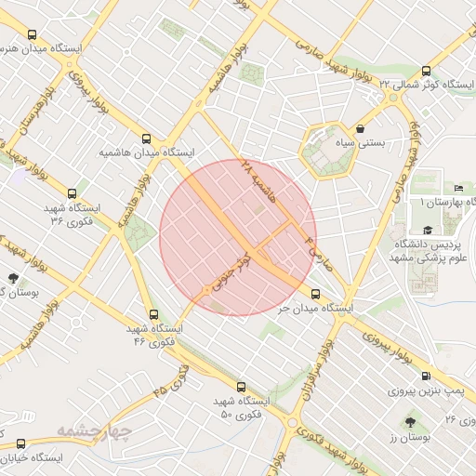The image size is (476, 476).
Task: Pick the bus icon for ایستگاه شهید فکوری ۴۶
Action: [x=152, y=314]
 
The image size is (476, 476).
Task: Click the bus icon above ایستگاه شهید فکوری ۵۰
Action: [x=241, y=386]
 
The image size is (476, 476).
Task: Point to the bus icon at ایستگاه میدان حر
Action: [x=315, y=294]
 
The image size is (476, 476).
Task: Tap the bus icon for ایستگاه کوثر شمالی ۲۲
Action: [x=426, y=71]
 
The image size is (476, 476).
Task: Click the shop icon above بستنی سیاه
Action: [x=361, y=129]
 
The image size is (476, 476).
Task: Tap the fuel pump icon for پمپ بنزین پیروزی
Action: [x=426, y=377]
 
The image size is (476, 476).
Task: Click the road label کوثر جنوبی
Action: [x=232, y=271]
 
